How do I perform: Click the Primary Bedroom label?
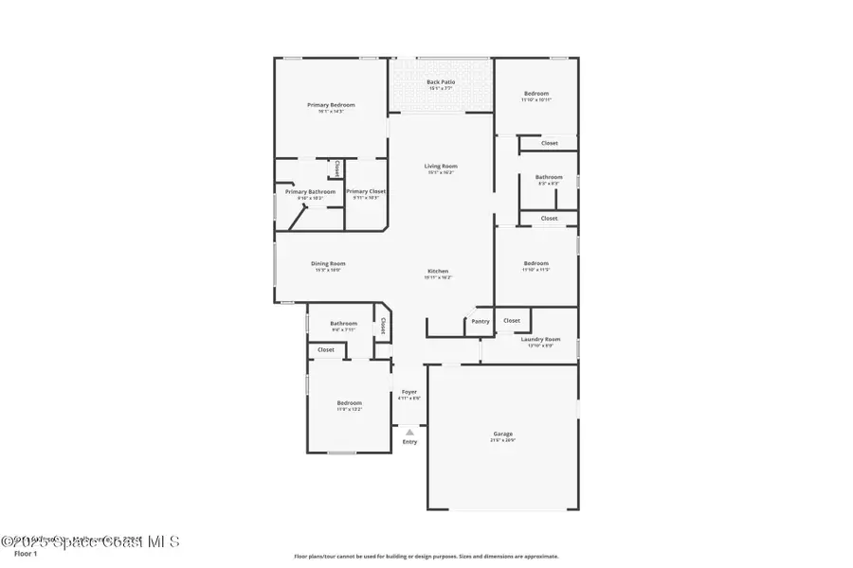(x=331, y=104)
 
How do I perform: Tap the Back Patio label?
(x=441, y=82)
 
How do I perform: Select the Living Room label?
(x=441, y=166)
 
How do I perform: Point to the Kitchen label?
(x=437, y=271)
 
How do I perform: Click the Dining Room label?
(x=328, y=263)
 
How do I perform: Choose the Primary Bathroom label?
(x=310, y=191)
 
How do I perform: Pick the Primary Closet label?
(x=366, y=191)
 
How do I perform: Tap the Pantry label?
(x=481, y=321)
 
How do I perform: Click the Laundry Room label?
(x=540, y=339)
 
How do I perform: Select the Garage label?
(x=502, y=434)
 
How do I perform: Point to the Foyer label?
(x=409, y=391)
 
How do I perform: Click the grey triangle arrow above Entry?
(x=409, y=432)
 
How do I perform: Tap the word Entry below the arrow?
(x=409, y=442)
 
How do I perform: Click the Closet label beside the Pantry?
(x=512, y=321)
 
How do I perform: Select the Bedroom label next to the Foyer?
(x=350, y=402)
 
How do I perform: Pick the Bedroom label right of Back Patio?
(x=536, y=93)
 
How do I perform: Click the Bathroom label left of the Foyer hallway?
(x=343, y=323)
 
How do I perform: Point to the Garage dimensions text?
(x=502, y=440)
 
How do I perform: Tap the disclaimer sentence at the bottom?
(x=426, y=557)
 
